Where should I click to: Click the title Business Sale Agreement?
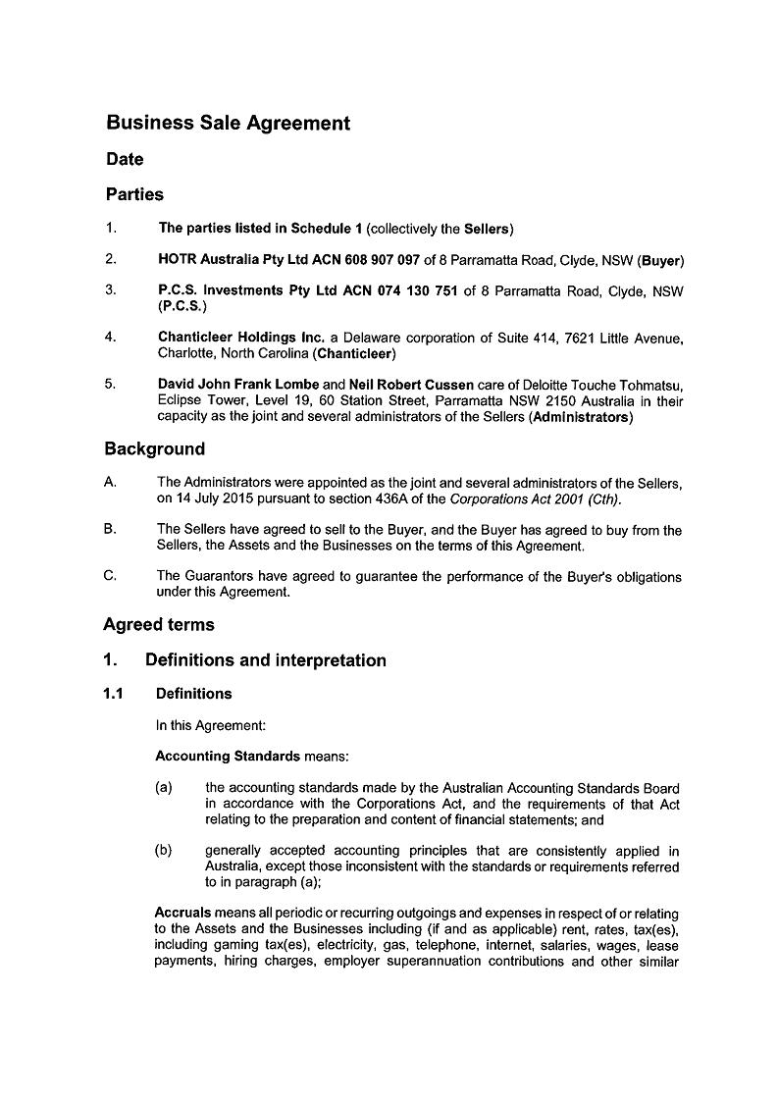click(x=228, y=124)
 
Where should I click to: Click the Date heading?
click(x=125, y=159)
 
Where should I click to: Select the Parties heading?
click(x=134, y=194)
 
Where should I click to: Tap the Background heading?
click(x=154, y=449)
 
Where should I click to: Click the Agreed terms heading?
click(x=158, y=625)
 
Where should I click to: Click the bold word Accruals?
click(x=182, y=914)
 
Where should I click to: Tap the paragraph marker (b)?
click(x=164, y=851)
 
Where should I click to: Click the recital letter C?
click(x=110, y=576)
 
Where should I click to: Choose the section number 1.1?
click(x=114, y=694)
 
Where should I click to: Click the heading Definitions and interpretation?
click(x=265, y=660)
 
